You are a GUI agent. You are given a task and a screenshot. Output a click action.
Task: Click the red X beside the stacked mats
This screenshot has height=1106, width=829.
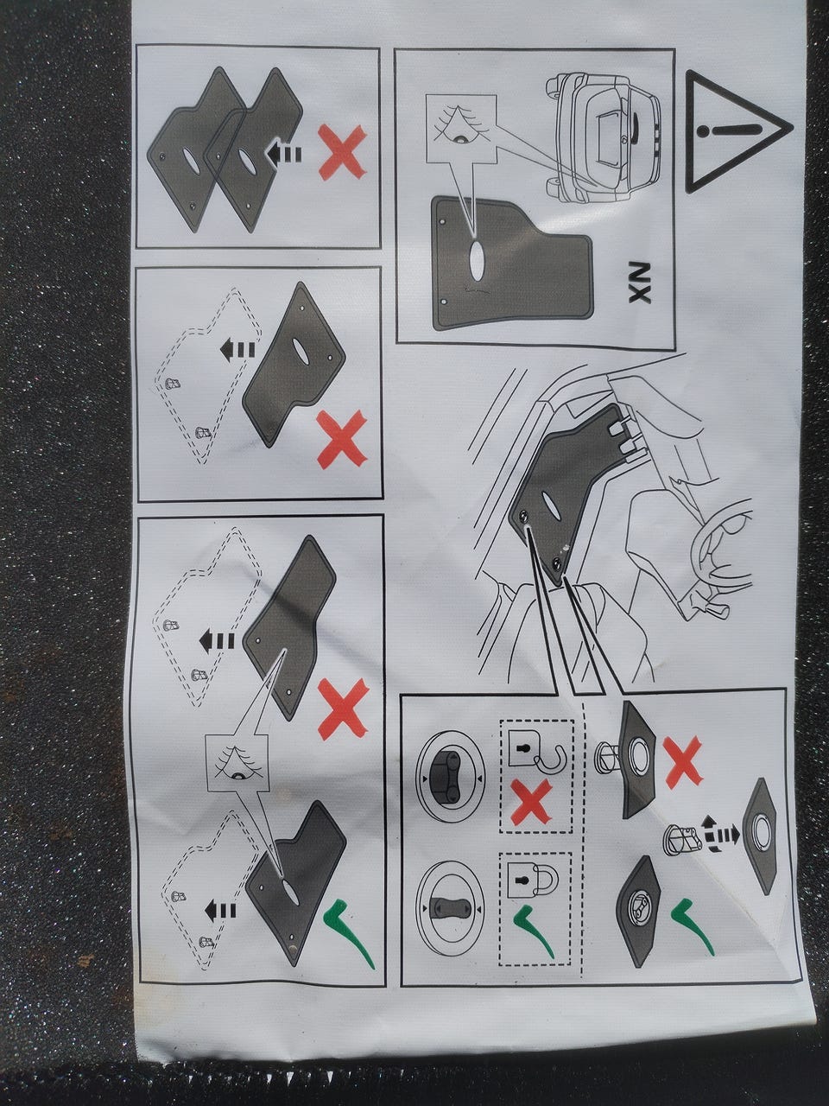pyautogui.click(x=342, y=152)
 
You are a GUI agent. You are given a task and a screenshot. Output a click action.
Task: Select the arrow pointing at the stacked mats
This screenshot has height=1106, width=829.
pyautogui.click(x=283, y=152)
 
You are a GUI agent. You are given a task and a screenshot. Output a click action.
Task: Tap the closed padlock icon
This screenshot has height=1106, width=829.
pyautogui.click(x=533, y=880)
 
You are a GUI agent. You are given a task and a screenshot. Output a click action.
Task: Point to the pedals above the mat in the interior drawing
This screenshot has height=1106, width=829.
pyautogui.click(x=626, y=439)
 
